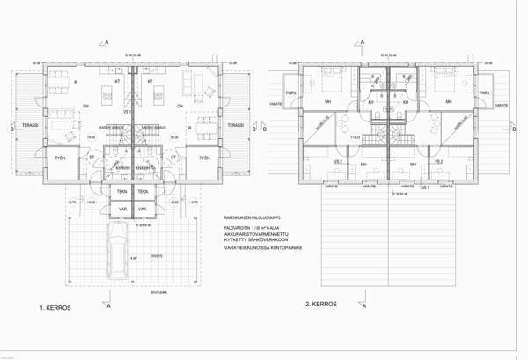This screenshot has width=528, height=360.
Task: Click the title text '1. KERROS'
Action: point(55,310)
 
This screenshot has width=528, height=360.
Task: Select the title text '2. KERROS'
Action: point(321,304)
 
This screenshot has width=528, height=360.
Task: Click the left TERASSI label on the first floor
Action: point(28,126)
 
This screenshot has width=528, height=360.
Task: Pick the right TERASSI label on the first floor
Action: point(236,126)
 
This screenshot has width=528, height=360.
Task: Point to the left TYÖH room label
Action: point(60,158)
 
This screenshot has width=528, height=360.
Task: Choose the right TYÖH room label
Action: point(204,158)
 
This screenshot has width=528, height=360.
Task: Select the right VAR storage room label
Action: point(143,209)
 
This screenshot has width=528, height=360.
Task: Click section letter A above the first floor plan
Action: point(106,41)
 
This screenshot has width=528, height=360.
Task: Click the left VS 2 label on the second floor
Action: point(338,162)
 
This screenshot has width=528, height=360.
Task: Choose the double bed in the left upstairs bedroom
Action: point(334,85)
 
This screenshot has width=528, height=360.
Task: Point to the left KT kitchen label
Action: point(116,81)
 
